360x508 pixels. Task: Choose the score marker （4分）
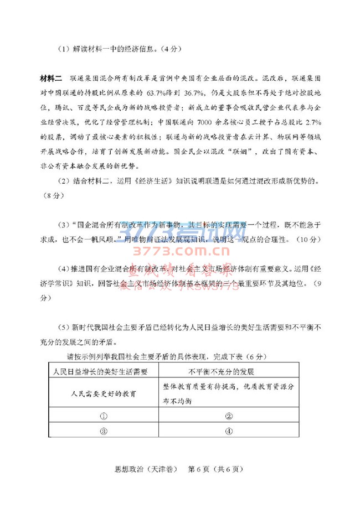coord(169,49)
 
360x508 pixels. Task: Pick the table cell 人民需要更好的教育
coord(104,394)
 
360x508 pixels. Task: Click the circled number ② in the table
coord(228,417)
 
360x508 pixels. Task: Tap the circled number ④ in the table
coord(228,431)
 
